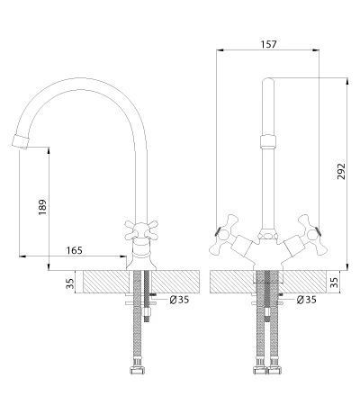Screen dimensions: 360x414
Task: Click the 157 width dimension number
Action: pos(268,44)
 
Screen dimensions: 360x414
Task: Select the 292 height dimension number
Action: pos(341,172)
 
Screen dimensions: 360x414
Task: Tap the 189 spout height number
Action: pos(42,207)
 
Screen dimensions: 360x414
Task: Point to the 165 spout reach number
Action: pos(74,250)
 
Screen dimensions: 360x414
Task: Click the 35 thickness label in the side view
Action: pos(69,283)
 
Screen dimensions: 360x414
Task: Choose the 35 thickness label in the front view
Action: pos(334,282)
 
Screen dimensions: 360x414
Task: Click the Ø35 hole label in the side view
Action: pos(179,300)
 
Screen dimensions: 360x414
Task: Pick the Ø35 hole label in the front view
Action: pos(306,300)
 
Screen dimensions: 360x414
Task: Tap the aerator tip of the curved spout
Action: pos(20,141)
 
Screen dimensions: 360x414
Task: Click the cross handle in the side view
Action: pos(141,229)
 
